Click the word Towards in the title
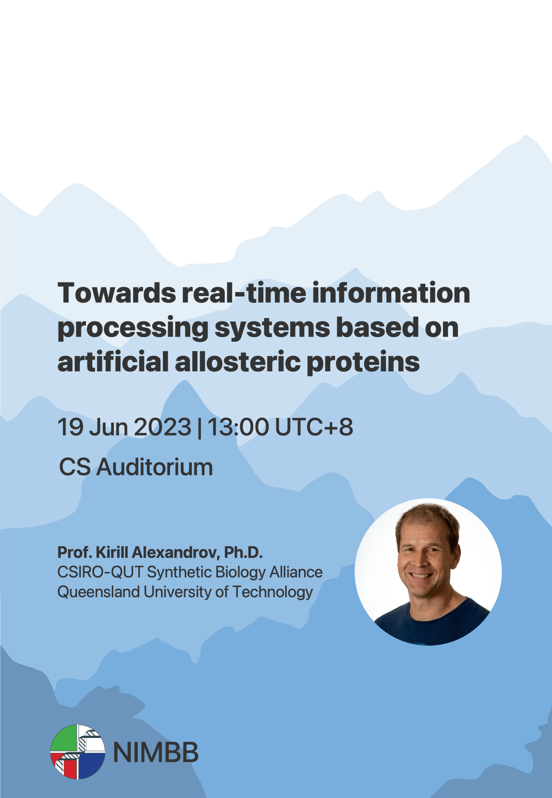[x=116, y=293]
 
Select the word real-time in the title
[x=244, y=293]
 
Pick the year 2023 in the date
[x=163, y=427]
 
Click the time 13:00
[x=238, y=427]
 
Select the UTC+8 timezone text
[x=314, y=427]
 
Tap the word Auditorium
[x=155, y=467]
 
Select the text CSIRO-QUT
[x=100, y=572]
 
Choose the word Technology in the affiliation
[x=272, y=592]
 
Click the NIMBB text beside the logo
[x=156, y=752]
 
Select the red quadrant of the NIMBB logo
[x=66, y=766]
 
